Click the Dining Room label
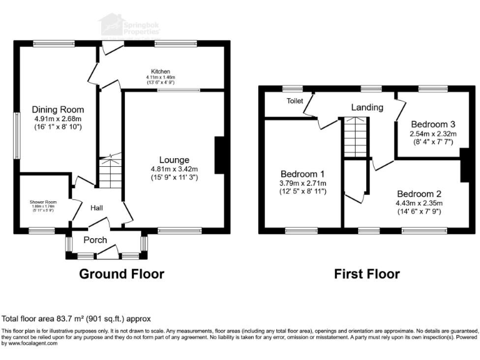pos(58,109)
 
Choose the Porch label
pos(95,240)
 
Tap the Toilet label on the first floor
pos(295,101)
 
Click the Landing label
pos(367,107)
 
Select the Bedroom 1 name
pos(302,173)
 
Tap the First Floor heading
pos(367,274)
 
